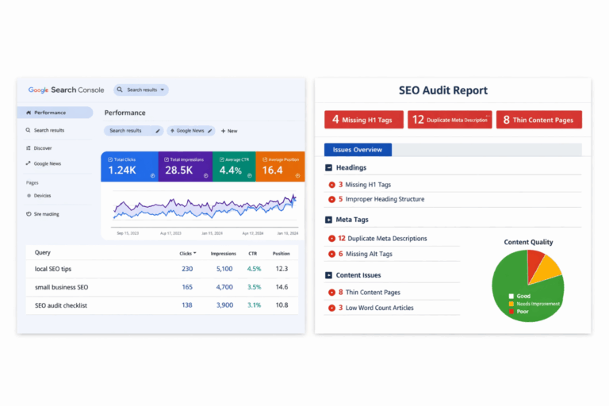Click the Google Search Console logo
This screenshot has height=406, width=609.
click(67, 90)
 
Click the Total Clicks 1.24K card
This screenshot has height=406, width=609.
click(129, 166)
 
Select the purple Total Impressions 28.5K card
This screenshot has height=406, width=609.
click(185, 166)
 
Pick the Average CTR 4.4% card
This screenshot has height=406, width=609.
click(234, 166)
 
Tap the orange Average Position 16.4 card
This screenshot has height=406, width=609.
click(280, 166)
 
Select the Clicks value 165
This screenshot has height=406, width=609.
click(187, 287)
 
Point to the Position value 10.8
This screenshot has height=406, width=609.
click(281, 305)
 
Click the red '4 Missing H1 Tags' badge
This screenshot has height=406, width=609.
click(363, 120)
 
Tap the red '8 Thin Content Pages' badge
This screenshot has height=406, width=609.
click(539, 120)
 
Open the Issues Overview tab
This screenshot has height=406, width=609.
click(358, 150)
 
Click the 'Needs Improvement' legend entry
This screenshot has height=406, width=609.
click(538, 304)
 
